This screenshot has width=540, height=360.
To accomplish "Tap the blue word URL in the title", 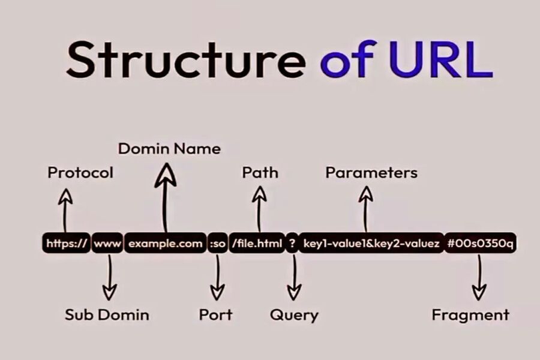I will click(441, 60).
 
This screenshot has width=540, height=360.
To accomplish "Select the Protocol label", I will click(80, 173).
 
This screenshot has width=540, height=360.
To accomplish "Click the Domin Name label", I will click(169, 148).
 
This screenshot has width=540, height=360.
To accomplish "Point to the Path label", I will click(260, 173).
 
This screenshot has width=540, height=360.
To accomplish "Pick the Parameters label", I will click(371, 173).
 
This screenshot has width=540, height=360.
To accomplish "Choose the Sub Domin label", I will click(107, 314).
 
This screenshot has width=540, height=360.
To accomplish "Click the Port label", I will click(215, 314).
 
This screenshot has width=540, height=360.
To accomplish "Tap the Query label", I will click(294, 314).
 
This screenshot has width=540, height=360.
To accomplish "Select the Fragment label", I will click(470, 314).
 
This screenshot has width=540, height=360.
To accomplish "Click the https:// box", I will click(67, 244).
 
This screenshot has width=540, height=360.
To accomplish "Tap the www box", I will click(107, 244).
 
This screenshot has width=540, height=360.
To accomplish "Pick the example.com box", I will click(165, 244).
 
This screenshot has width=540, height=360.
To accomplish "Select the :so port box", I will click(218, 244).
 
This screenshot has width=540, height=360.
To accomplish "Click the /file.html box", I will click(257, 244).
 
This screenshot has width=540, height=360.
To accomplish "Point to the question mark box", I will click(292, 244).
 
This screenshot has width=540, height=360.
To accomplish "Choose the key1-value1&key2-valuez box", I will click(371, 244).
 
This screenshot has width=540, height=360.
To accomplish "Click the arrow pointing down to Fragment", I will click(479, 276).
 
